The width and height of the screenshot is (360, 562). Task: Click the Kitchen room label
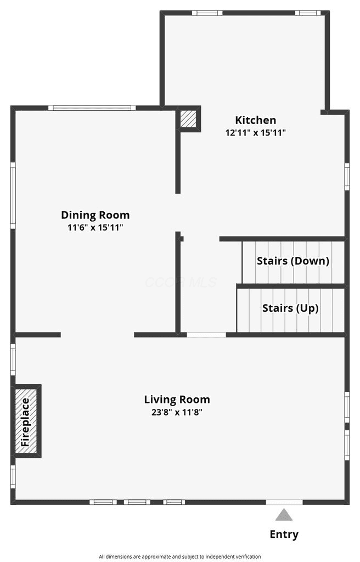click(x=255, y=120)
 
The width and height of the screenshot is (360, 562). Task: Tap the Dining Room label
click(x=95, y=215)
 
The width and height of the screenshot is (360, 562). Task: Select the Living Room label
click(x=177, y=400)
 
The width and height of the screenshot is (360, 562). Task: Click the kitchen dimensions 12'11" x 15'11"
click(x=255, y=133)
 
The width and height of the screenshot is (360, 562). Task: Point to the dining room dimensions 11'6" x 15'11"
click(x=95, y=227)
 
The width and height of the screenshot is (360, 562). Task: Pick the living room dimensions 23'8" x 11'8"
click(x=177, y=412)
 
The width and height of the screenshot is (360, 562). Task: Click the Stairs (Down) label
click(x=293, y=261)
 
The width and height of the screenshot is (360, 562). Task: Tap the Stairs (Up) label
click(x=290, y=308)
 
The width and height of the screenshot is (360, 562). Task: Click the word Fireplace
click(x=25, y=422)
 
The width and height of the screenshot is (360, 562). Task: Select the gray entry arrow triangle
click(x=284, y=515)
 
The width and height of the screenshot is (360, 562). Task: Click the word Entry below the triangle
click(x=284, y=535)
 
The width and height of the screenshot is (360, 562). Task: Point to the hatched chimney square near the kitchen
click(x=188, y=119)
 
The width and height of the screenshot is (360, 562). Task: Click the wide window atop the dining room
click(x=92, y=108)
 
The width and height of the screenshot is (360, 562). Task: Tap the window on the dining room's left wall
click(x=13, y=195)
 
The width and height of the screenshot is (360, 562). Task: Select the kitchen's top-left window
click(x=207, y=13)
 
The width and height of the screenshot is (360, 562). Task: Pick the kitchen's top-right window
click(x=308, y=13)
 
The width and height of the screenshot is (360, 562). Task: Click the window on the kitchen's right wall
click(x=347, y=176)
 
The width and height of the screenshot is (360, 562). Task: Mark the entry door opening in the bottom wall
click(x=284, y=502)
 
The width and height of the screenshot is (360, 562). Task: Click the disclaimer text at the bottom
click(x=180, y=557)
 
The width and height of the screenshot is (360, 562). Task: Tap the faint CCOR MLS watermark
click(x=181, y=283)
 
